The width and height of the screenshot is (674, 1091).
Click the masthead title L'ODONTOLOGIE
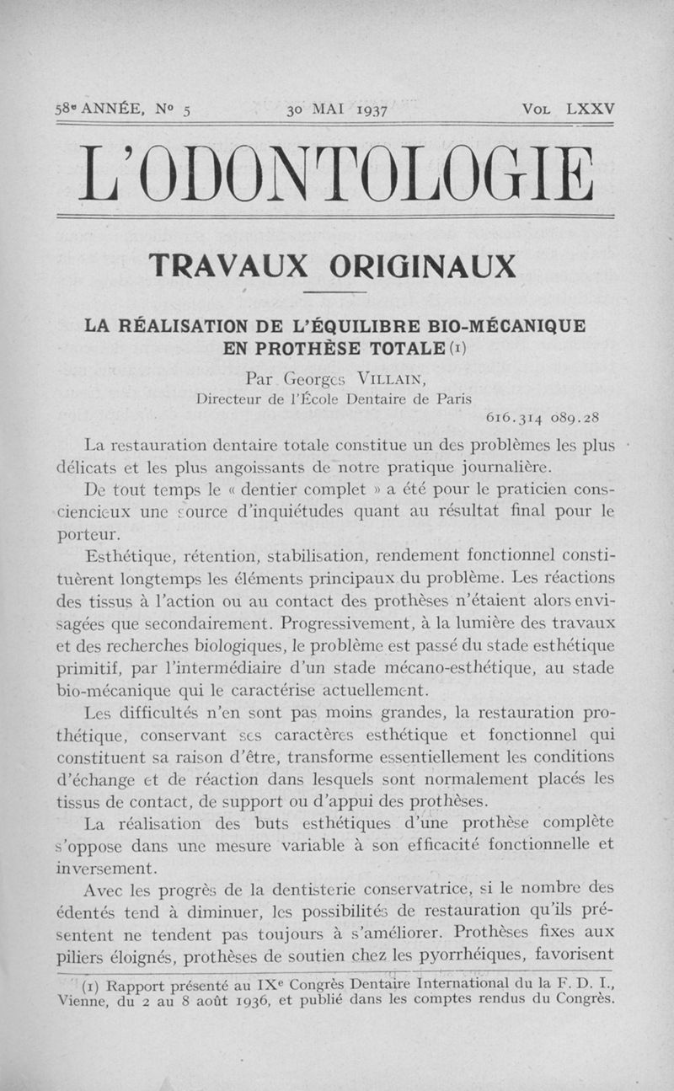point(335,174)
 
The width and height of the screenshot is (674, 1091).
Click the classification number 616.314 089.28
point(544,417)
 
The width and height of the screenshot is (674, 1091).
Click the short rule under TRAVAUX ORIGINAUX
point(334,292)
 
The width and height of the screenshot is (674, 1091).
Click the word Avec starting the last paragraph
point(107,889)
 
